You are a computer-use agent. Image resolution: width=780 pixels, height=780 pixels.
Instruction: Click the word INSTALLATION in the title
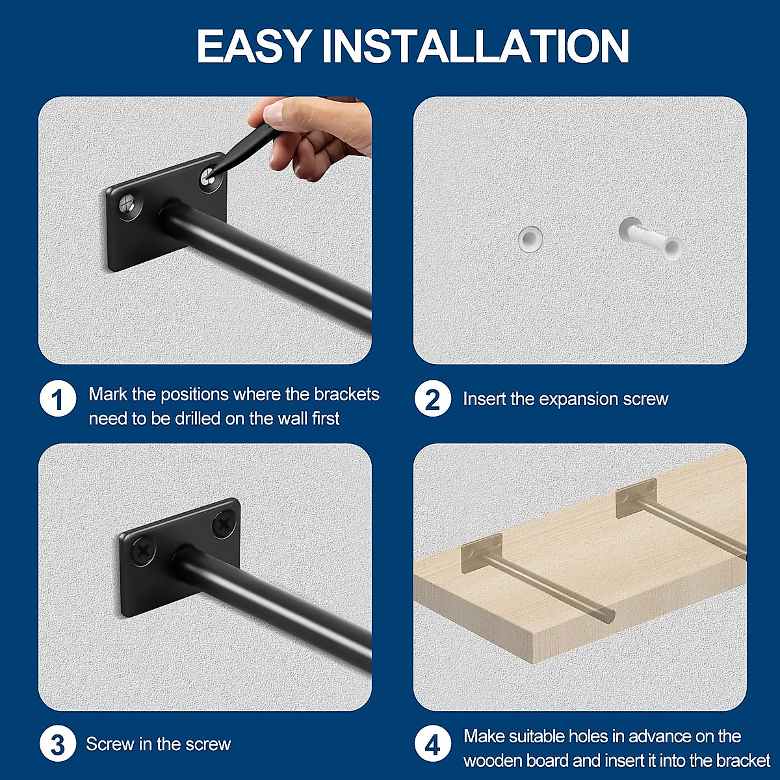(x=476, y=46)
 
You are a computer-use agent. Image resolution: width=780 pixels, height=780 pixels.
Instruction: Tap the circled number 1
(x=58, y=399)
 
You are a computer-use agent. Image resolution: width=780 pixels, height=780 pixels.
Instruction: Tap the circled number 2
(x=432, y=399)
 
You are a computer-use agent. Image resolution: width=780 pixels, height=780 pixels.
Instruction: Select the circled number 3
(x=58, y=744)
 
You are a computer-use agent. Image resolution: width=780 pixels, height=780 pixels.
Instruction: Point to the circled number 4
(x=432, y=744)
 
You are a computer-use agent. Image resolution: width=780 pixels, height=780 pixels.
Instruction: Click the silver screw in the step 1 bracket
(x=128, y=205)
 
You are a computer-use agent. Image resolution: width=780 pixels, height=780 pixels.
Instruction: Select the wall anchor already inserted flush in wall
(x=530, y=239)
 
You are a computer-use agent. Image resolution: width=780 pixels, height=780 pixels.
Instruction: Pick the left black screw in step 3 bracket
(x=143, y=552)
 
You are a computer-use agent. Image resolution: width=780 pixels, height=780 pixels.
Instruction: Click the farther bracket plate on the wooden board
(x=636, y=497)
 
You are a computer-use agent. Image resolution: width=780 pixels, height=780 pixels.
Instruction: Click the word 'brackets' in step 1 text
(x=346, y=394)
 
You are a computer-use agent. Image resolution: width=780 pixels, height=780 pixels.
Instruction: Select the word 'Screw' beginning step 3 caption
(x=110, y=744)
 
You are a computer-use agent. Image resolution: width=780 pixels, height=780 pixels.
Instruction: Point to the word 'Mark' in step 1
(x=107, y=394)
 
